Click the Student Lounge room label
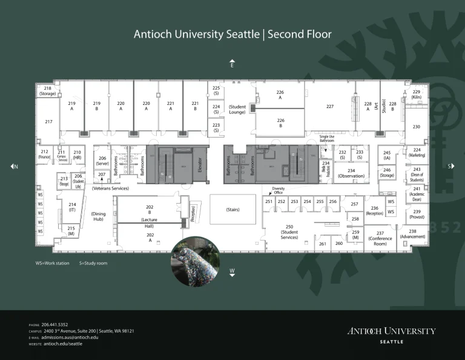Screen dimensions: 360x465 tap(237, 110)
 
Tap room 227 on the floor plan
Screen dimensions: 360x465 tap(330, 107)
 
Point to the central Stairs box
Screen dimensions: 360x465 tap(233, 210)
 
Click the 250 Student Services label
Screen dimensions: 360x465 tap(289, 232)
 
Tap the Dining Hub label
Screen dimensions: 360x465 tap(98, 217)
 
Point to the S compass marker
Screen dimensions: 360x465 tap(451, 166)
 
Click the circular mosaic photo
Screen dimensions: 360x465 tap(195, 262)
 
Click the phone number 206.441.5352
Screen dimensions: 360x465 tap(54, 325)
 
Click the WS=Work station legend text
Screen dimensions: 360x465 tap(51, 264)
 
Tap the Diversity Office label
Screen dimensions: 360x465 tap(278, 190)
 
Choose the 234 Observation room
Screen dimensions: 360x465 tap(351, 173)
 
